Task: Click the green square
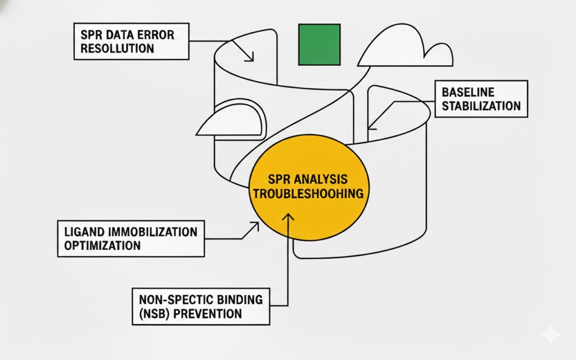(x=319, y=44)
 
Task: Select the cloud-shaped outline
(x=405, y=47)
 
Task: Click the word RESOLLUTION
(x=117, y=48)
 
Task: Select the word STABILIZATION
(x=481, y=106)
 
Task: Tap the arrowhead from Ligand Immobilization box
(x=255, y=226)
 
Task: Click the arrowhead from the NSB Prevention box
(x=288, y=217)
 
